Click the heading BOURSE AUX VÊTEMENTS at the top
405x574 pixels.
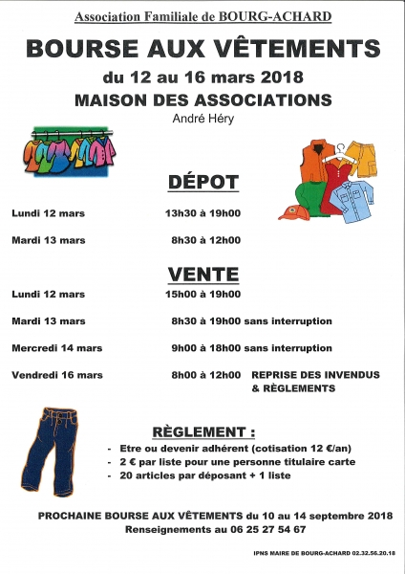[x=202, y=49]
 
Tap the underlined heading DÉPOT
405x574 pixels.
[x=202, y=182]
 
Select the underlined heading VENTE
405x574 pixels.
[x=202, y=274]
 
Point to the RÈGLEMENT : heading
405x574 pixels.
[x=202, y=430]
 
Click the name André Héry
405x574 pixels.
[x=202, y=119]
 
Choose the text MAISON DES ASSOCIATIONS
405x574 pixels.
[x=202, y=99]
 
